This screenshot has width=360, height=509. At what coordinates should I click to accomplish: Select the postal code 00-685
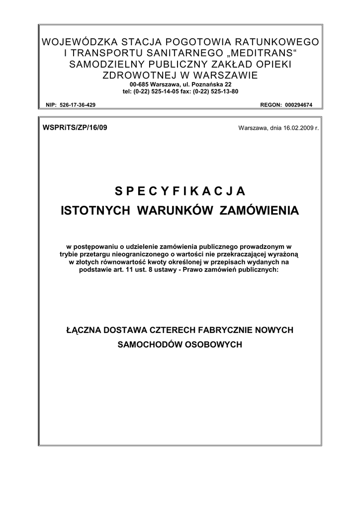click(x=132, y=85)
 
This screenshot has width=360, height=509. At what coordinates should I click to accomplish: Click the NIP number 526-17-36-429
click(x=78, y=105)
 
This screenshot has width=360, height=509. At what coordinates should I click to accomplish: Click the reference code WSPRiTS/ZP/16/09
click(x=76, y=127)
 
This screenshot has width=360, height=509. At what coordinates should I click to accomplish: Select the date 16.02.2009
click(x=294, y=128)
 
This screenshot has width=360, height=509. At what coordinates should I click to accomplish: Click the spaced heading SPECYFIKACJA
click(x=180, y=191)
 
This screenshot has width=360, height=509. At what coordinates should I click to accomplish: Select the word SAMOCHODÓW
click(x=150, y=344)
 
